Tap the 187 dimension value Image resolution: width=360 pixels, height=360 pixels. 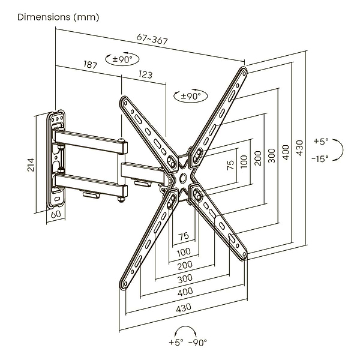(91, 65)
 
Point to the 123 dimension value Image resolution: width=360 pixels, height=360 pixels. (145, 75)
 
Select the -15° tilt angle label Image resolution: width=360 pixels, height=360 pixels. (320, 158)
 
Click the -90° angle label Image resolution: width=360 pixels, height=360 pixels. (197, 343)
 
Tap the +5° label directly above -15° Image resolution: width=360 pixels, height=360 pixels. (321, 142)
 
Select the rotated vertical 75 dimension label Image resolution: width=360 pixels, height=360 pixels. (230, 166)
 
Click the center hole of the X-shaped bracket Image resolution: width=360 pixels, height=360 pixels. (182, 179)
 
